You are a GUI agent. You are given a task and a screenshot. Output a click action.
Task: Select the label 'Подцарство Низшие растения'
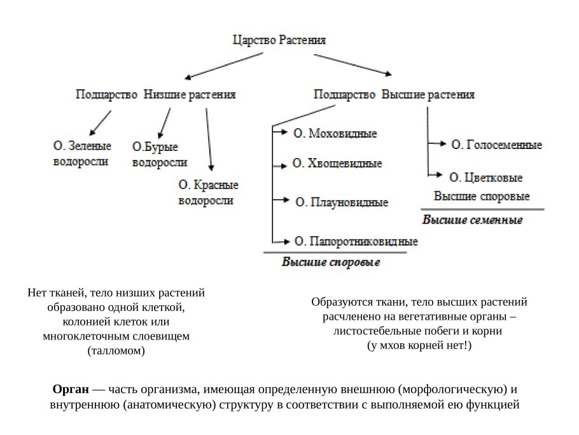tap(156, 95)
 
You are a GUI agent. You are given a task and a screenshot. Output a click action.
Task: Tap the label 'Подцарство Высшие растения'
tap(394, 95)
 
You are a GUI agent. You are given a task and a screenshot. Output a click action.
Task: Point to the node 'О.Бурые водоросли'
tap(159, 155)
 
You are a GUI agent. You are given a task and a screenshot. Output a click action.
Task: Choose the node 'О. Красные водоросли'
tap(207, 192)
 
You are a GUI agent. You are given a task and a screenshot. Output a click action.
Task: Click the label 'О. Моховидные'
tap(335, 134)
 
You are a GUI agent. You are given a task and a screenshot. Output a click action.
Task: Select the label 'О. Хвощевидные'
tap(337, 164)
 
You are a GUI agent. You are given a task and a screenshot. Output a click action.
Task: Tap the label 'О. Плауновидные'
tap(342, 203)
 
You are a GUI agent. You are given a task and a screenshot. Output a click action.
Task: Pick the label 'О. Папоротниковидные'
tap(356, 241)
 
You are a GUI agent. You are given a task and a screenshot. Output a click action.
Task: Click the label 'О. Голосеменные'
tap(496, 145)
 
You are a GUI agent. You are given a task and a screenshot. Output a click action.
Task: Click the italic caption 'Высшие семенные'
tap(473, 220)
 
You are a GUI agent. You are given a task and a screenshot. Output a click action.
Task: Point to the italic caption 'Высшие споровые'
tap(331, 262)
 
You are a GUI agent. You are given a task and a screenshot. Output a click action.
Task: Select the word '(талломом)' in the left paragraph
tap(116, 350)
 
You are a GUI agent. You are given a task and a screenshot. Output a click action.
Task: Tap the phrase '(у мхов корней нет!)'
tap(420, 345)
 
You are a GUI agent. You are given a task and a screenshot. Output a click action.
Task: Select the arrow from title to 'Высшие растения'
tap(354, 64)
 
